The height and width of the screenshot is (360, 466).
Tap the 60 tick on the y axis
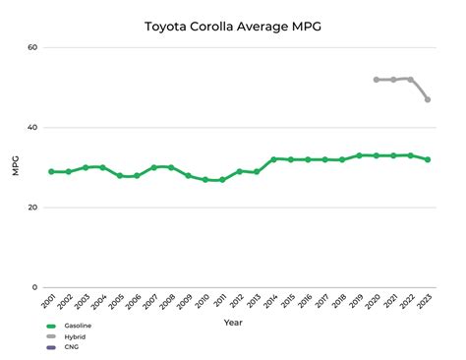pos(32,48)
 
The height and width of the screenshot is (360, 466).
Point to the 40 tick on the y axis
pos(32,128)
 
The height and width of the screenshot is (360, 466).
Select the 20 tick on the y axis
pos(32,208)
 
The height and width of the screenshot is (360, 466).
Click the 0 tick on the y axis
pos(35,287)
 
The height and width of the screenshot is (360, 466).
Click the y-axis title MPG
pos(14,167)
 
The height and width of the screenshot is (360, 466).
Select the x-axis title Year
pos(233,322)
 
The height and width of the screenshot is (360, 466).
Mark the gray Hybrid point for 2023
pos(427,99)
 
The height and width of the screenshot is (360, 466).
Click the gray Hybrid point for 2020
pos(376,80)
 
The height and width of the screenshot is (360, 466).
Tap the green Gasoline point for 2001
pos(51,172)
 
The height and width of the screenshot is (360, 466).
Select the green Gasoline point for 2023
pos(427,159)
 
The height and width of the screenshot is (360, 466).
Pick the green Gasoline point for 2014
pos(273,158)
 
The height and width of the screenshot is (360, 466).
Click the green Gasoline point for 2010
pos(204,180)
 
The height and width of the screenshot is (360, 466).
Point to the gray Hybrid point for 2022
pos(410,79)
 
